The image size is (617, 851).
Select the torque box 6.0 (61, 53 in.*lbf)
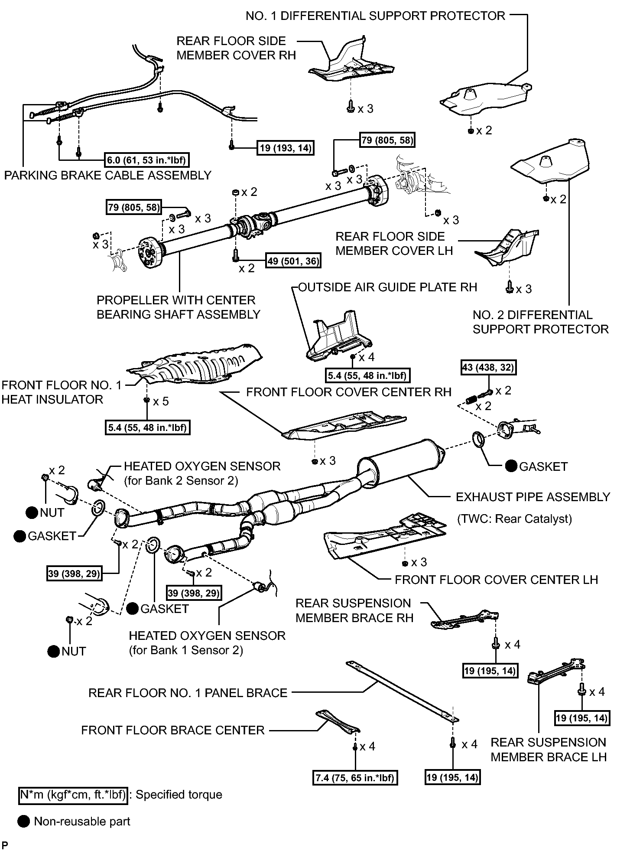tap(147, 160)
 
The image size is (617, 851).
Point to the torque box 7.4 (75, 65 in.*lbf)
tap(355, 778)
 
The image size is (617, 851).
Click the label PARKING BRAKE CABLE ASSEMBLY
tap(108, 175)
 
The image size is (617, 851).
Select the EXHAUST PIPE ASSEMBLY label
tap(533, 497)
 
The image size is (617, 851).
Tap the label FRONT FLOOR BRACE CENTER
tap(173, 730)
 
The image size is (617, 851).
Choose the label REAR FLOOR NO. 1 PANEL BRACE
tap(188, 693)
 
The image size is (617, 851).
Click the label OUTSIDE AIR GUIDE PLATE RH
tap(388, 287)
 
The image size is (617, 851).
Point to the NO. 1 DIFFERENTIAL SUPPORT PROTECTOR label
tap(375, 16)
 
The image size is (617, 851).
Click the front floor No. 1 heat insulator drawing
tap(195, 364)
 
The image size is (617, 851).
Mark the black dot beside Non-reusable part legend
tap(24, 821)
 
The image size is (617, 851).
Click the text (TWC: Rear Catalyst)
tap(515, 519)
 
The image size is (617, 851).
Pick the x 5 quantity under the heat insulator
tap(161, 401)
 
